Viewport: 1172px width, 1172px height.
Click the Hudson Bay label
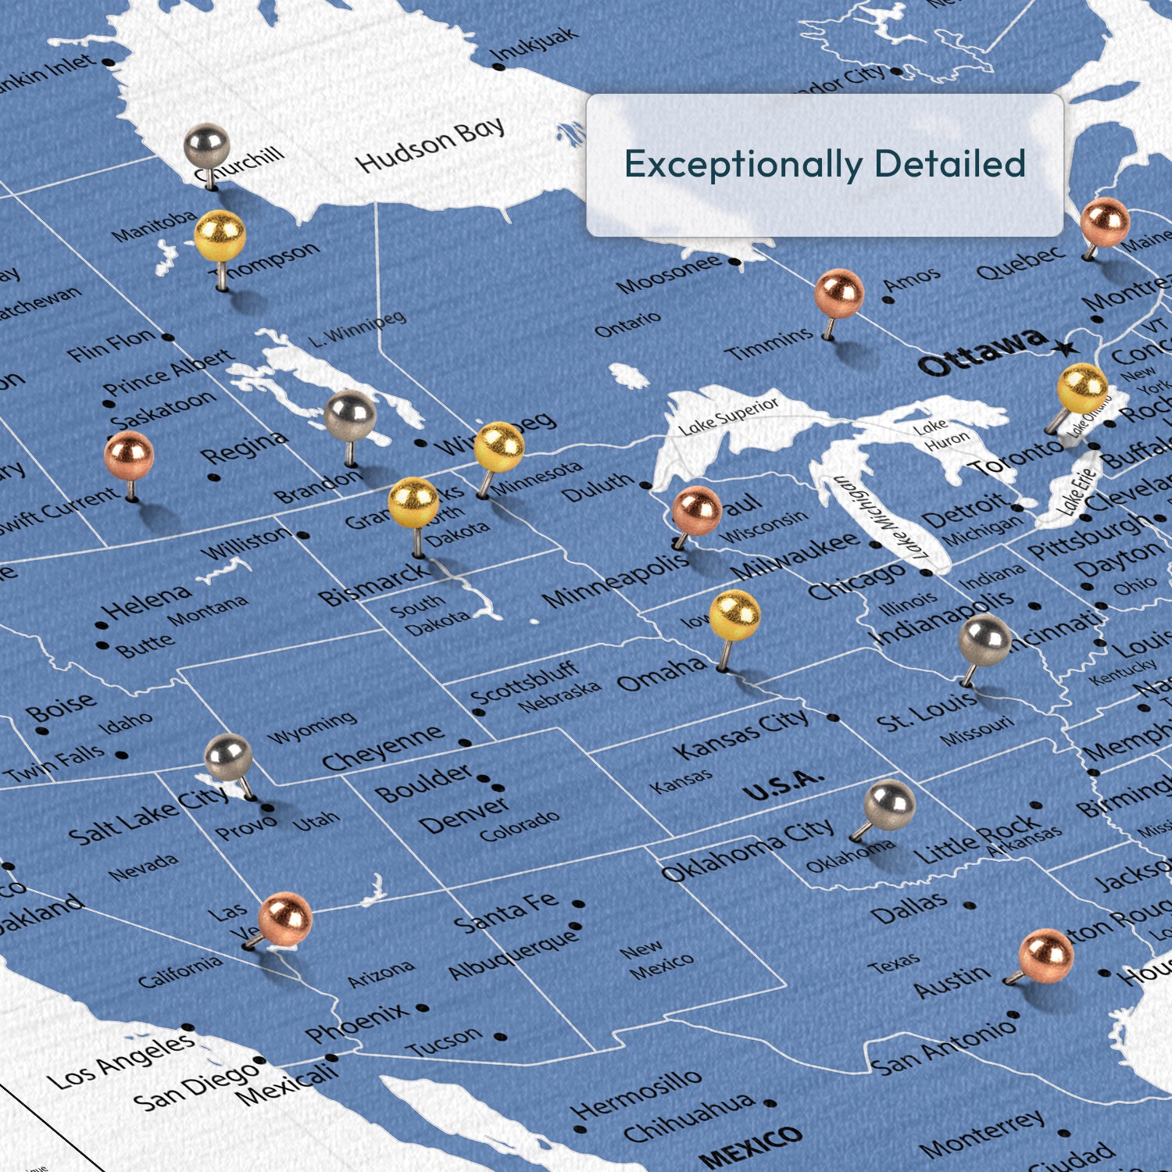(430, 145)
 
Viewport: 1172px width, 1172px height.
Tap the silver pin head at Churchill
(206, 145)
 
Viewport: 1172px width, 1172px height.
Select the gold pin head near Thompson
(220, 235)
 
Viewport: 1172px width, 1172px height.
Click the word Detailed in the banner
(949, 164)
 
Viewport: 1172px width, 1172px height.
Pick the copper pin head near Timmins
(839, 294)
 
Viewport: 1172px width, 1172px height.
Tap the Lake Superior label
(728, 416)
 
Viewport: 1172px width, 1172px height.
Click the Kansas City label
(741, 734)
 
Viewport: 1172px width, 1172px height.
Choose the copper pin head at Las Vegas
(285, 920)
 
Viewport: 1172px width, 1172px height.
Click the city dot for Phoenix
(423, 1008)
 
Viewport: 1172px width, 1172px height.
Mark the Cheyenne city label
(383, 749)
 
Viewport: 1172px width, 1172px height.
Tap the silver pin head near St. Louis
(984, 640)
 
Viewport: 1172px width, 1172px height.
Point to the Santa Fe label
(506, 912)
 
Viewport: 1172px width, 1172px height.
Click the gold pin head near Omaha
(734, 615)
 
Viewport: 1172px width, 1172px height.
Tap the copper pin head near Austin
(1046, 955)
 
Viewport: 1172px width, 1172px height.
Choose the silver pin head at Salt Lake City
(228, 757)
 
